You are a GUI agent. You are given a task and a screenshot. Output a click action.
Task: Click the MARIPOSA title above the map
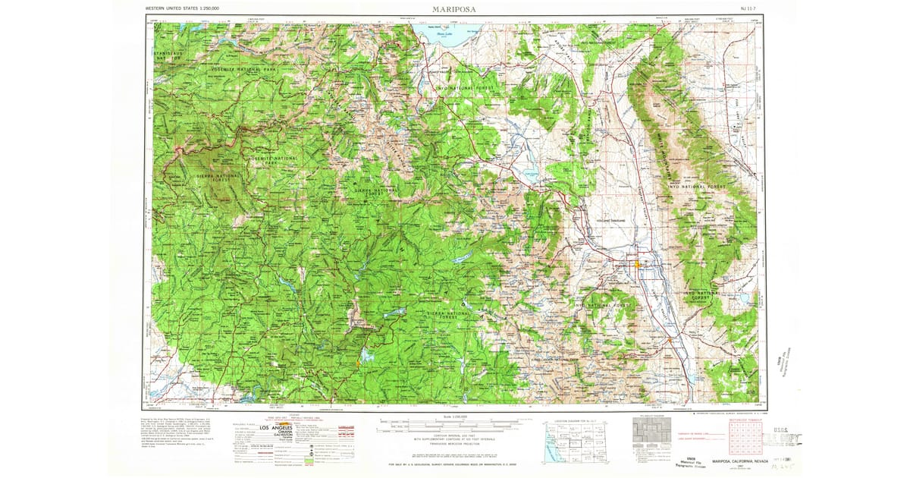click(x=454, y=10)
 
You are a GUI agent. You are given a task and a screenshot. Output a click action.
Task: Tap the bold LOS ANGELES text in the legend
click(x=272, y=428)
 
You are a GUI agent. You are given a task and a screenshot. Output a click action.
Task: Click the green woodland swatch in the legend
click(x=309, y=454)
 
